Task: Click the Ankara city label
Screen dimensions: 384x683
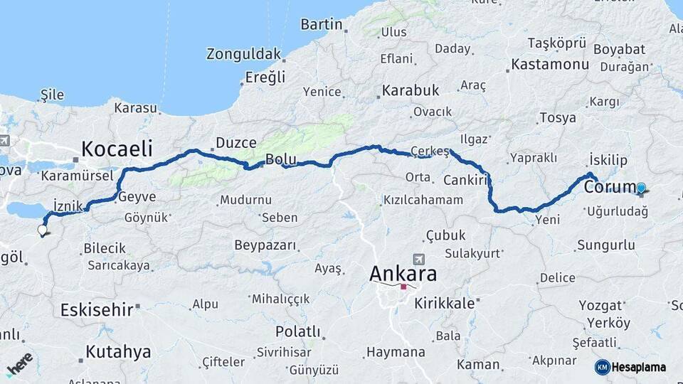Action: click(403, 273)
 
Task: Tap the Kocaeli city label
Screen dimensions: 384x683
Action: click(117, 148)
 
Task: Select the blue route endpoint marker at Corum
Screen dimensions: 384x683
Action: click(641, 188)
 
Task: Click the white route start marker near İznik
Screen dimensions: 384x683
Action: click(42, 230)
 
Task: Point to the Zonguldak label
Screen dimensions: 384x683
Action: click(244, 54)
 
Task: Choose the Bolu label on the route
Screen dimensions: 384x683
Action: click(280, 158)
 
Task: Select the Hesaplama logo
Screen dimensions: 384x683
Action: click(630, 367)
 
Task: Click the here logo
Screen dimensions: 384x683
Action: click(20, 364)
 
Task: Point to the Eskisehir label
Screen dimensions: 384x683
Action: click(97, 309)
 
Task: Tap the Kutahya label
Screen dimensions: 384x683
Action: click(118, 351)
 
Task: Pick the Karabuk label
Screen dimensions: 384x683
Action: click(411, 90)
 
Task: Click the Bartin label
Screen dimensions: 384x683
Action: click(322, 24)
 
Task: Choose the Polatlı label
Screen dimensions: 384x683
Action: click(299, 331)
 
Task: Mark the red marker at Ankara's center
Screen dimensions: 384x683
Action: click(403, 287)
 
